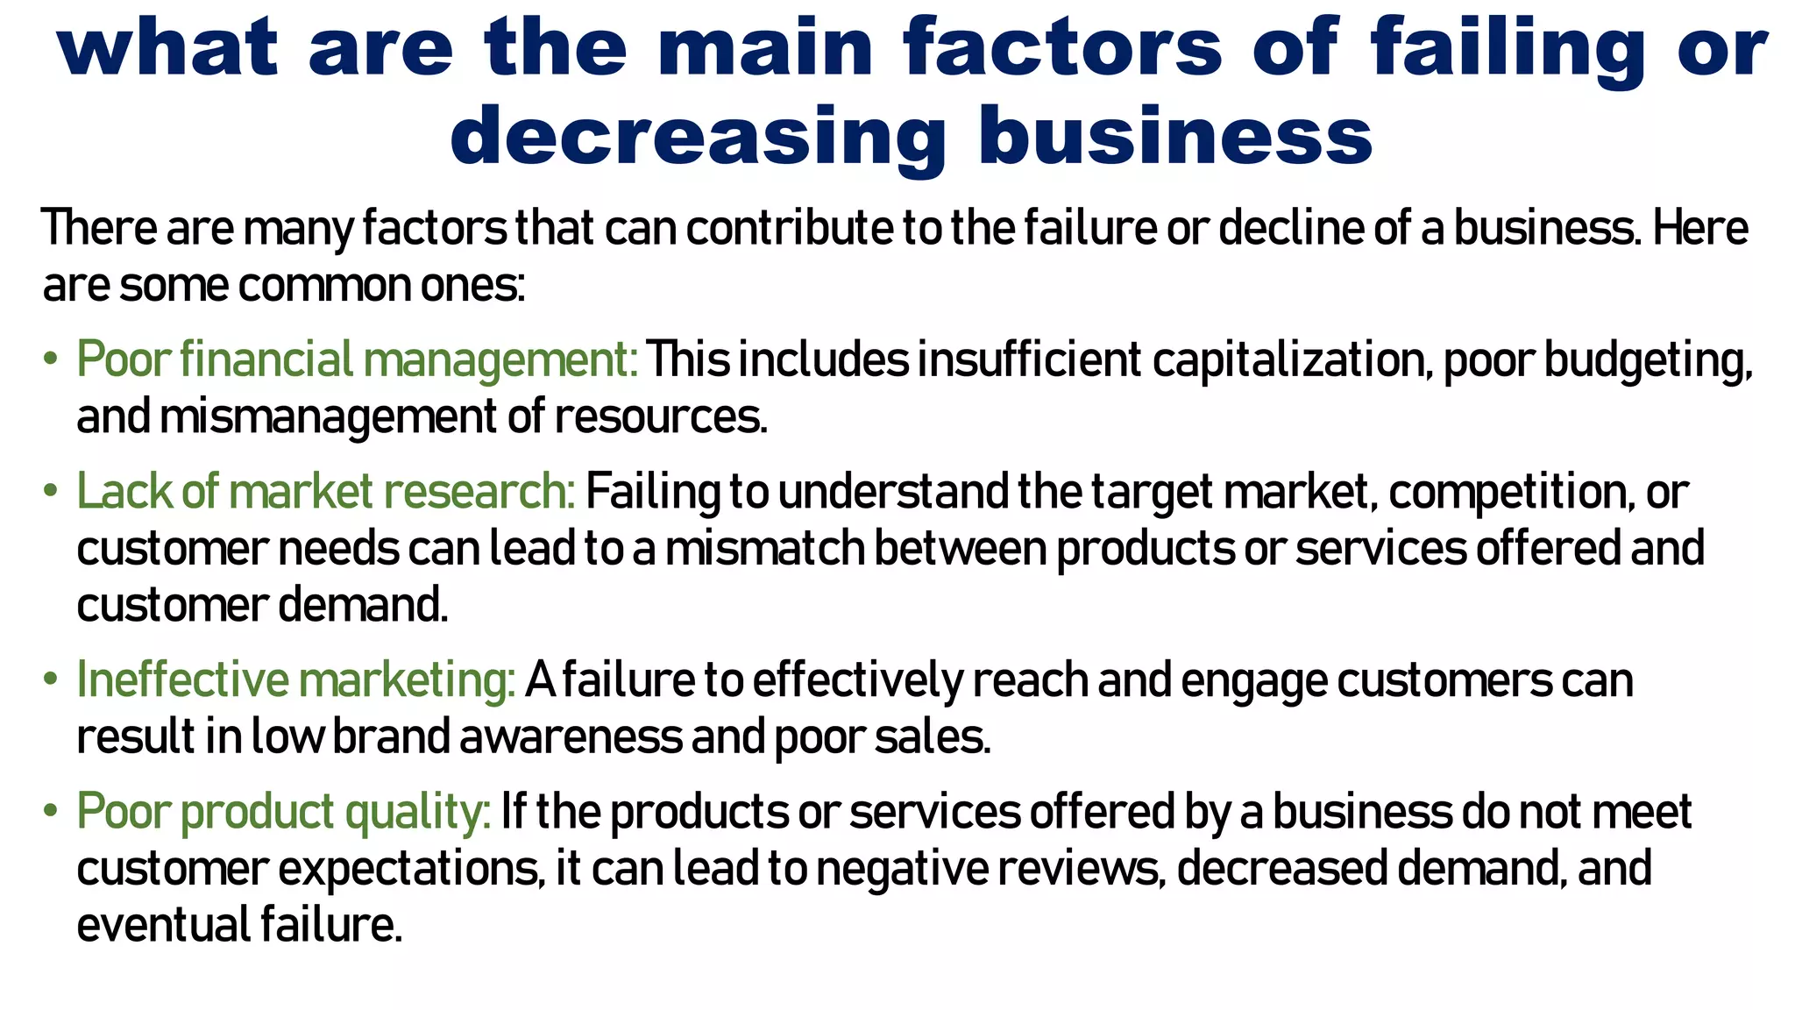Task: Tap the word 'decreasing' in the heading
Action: coord(698,137)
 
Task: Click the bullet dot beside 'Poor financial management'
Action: coord(51,359)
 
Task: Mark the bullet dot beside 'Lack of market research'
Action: coord(51,491)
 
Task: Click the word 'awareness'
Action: coord(571,737)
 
